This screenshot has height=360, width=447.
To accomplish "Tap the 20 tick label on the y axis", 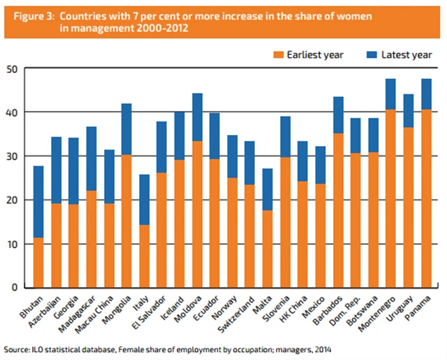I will point(14,200).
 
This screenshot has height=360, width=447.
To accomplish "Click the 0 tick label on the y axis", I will point(17,287).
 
